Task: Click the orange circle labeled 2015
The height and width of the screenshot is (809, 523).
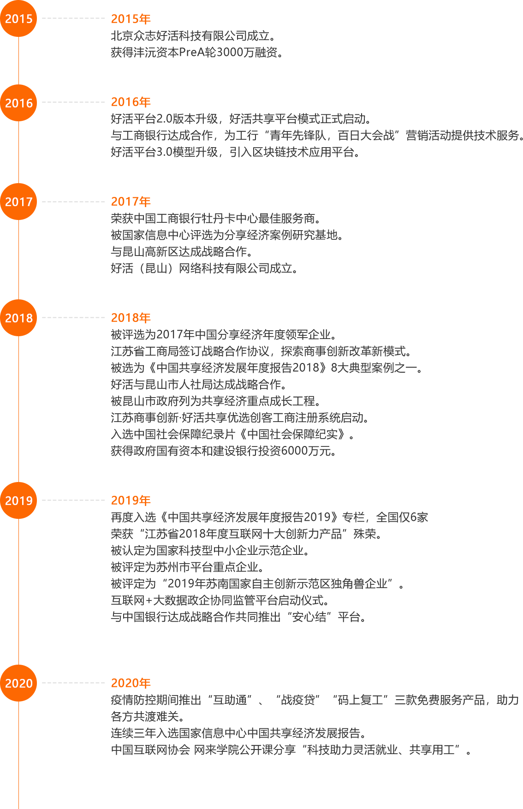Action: tap(18, 18)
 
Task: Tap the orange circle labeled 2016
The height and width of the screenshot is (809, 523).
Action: tap(18, 103)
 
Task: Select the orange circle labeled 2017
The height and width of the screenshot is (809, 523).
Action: tap(18, 202)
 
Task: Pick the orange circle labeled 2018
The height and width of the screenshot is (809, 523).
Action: tap(18, 318)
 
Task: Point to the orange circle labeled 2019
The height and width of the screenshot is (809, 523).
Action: tap(18, 500)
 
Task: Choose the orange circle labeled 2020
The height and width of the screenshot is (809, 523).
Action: tap(18, 683)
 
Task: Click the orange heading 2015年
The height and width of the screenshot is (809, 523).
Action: tap(131, 19)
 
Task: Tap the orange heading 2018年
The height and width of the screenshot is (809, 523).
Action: tap(131, 318)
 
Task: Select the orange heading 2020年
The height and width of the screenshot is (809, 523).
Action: tap(131, 683)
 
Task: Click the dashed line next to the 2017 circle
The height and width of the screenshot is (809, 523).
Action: tap(73, 202)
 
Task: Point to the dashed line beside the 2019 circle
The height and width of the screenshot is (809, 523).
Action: tap(73, 500)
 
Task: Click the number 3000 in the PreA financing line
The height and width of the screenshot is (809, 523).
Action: tap(230, 52)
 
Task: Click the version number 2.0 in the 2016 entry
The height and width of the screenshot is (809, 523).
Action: tap(164, 119)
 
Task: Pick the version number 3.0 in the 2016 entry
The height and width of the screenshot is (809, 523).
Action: tap(164, 152)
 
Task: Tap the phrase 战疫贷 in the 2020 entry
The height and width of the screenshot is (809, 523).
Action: tap(298, 700)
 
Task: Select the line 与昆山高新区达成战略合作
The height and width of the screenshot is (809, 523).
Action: tap(182, 251)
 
